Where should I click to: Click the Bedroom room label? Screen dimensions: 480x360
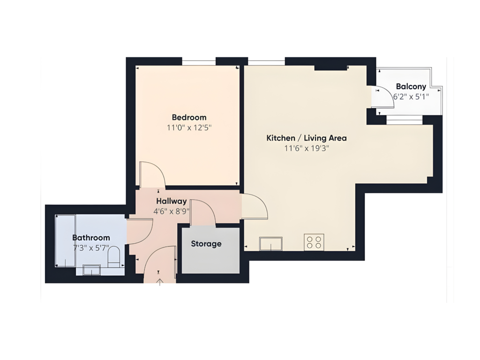[189, 118]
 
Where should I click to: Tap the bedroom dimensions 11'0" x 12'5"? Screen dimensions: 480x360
[189, 127]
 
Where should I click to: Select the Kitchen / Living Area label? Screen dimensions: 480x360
[307, 138]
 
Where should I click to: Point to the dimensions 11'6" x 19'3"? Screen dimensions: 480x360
[307, 149]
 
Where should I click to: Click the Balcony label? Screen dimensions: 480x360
[411, 87]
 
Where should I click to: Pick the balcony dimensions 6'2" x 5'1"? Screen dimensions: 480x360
[411, 97]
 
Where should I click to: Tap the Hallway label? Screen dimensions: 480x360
[172, 201]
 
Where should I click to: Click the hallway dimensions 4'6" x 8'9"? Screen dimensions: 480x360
[172, 211]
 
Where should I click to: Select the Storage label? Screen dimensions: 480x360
[206, 244]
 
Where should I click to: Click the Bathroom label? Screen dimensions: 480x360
[91, 238]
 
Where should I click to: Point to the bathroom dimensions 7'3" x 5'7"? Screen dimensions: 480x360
[91, 248]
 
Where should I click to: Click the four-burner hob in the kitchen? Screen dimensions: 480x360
[314, 242]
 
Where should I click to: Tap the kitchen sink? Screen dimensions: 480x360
[271, 243]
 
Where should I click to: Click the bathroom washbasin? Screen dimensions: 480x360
[91, 270]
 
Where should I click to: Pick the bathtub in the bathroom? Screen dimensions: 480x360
[65, 240]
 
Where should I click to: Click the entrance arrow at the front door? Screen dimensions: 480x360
[159, 282]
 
